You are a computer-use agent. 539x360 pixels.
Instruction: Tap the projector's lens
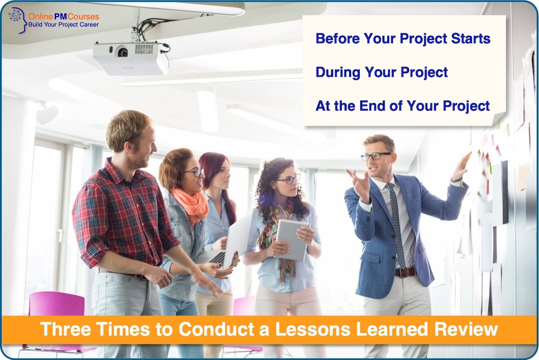(122, 52)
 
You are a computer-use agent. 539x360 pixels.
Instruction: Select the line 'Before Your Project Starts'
(403, 39)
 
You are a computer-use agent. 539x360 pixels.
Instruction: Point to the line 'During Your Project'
(381, 72)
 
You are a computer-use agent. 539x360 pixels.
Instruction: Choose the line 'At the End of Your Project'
(402, 106)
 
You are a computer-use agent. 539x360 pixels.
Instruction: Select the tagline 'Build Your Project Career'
(63, 25)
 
